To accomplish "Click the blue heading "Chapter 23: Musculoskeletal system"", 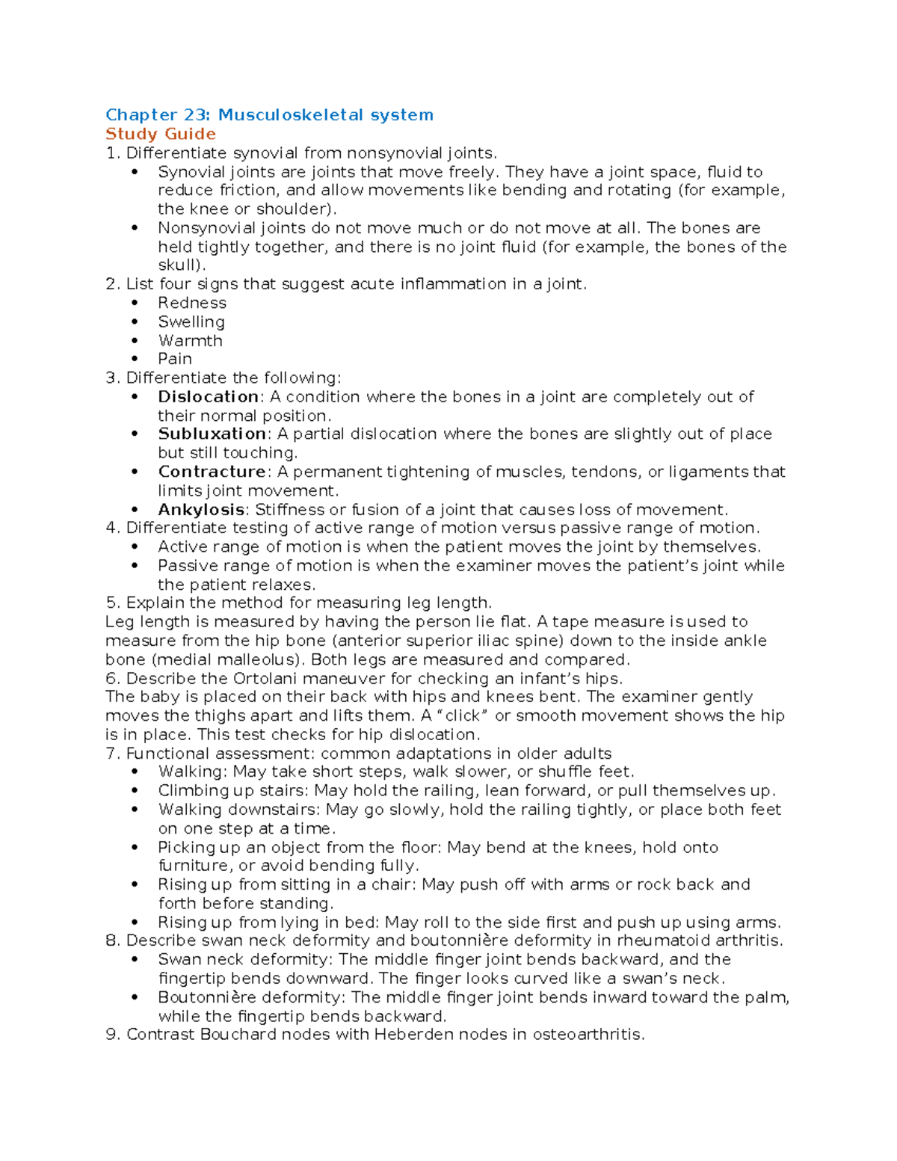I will click(x=269, y=115).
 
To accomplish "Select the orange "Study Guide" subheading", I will click(x=161, y=134).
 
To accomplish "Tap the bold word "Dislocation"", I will click(x=208, y=397).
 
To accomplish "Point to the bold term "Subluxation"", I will click(x=212, y=434).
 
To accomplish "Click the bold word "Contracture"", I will click(x=212, y=472).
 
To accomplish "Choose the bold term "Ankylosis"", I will click(x=201, y=510).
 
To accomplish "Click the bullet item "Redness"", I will click(x=192, y=303).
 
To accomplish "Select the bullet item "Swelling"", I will click(x=191, y=322).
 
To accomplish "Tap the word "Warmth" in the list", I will click(x=190, y=341).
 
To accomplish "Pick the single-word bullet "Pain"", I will click(x=175, y=359).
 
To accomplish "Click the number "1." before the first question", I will click(x=112, y=153).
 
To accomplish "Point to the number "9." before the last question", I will click(x=113, y=1035).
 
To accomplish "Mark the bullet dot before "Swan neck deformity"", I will click(x=135, y=960).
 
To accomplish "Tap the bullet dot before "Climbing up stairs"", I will click(x=135, y=791).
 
